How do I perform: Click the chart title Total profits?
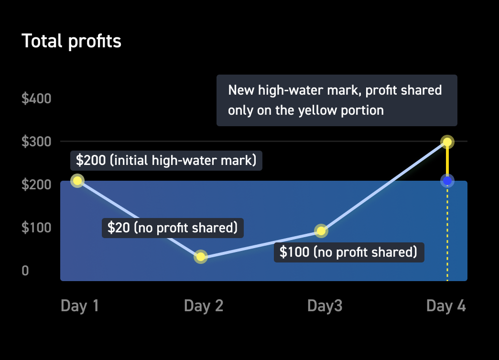[71, 42]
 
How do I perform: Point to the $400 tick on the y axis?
[36, 98]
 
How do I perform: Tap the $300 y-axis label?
[36, 142]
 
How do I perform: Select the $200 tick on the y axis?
[36, 185]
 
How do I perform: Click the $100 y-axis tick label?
[36, 228]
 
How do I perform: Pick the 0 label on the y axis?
[25, 271]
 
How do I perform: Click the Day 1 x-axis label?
[79, 306]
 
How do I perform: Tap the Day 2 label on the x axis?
[204, 306]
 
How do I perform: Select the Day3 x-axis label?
[325, 306]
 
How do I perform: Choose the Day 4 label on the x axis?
[446, 306]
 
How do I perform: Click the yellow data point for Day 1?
[77, 181]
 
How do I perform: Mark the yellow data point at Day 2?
[201, 257]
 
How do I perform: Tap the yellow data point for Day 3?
[321, 231]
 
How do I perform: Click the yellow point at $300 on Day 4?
[447, 142]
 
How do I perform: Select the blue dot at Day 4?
[447, 181]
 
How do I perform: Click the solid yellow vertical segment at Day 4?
[447, 162]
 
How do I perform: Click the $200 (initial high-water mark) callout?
[166, 161]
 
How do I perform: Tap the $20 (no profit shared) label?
[173, 228]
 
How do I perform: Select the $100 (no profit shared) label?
[349, 252]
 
